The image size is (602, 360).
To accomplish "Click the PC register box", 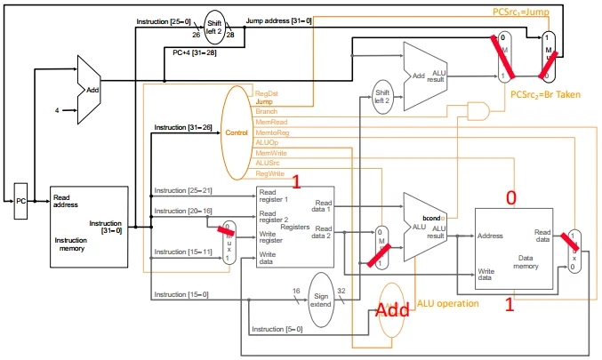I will [21, 202].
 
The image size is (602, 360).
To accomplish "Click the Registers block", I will [294, 227].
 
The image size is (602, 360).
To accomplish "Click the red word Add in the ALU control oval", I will [392, 311].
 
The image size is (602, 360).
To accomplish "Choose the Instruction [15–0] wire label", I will [183, 294].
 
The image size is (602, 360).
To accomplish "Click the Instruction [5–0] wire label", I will [277, 330].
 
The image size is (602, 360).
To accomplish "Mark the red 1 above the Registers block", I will [298, 181].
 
